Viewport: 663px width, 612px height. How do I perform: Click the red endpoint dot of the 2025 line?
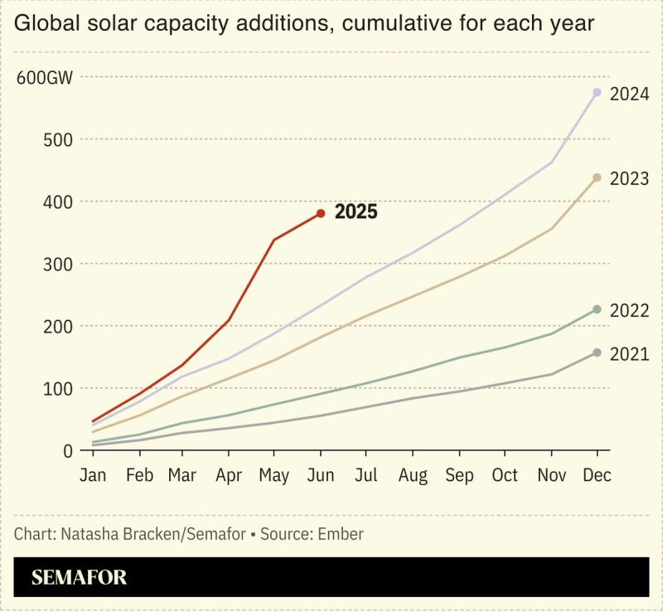[x=321, y=213]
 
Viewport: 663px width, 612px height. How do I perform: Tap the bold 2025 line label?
[x=356, y=212]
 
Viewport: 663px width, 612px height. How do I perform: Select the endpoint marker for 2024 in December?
[x=597, y=92]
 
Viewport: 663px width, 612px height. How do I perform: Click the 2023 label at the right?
[x=629, y=179]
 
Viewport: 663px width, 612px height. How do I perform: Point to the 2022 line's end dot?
[x=597, y=309]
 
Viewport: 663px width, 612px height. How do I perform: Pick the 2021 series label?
[x=629, y=355]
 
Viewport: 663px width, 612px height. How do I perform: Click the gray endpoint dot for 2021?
[x=597, y=352]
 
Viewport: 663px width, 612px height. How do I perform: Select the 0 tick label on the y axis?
[x=68, y=451]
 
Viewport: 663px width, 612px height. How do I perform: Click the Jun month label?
[x=321, y=476]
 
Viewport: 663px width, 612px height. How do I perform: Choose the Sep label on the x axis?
[x=459, y=476]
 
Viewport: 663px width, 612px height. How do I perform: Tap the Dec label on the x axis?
[x=597, y=476]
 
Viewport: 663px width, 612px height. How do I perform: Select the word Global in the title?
[x=46, y=23]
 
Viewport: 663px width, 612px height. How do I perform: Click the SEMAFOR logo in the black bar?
[x=80, y=578]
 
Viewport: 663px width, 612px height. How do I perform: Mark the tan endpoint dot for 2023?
[x=597, y=177]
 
